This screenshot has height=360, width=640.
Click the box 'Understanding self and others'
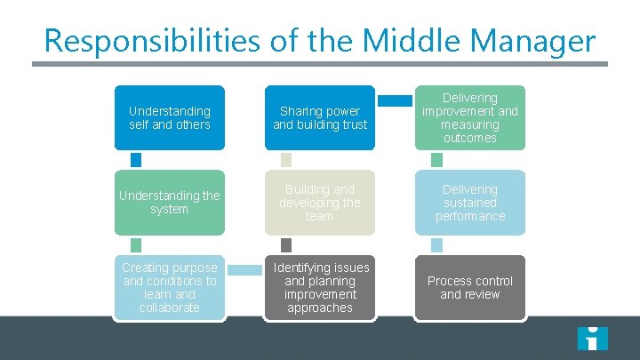coord(169,117)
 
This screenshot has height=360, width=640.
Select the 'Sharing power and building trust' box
coord(319,117)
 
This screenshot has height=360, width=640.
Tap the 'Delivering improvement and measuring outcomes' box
coord(469,117)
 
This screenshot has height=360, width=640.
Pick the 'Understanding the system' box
coord(169,202)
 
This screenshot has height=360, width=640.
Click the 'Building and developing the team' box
coord(319,202)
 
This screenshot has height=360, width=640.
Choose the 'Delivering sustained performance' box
coord(469,202)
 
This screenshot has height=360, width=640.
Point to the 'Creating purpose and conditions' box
coord(169,287)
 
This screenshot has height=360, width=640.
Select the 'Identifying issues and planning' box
coord(319,287)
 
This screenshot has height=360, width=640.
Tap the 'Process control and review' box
coord(469,287)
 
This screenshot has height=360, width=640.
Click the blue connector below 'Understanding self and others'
coord(136,160)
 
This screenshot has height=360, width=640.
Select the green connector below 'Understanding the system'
coord(136,244)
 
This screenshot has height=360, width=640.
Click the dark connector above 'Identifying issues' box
coord(286,244)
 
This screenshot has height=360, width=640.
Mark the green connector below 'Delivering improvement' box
coord(436,160)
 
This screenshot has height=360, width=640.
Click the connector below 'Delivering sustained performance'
coord(436,244)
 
